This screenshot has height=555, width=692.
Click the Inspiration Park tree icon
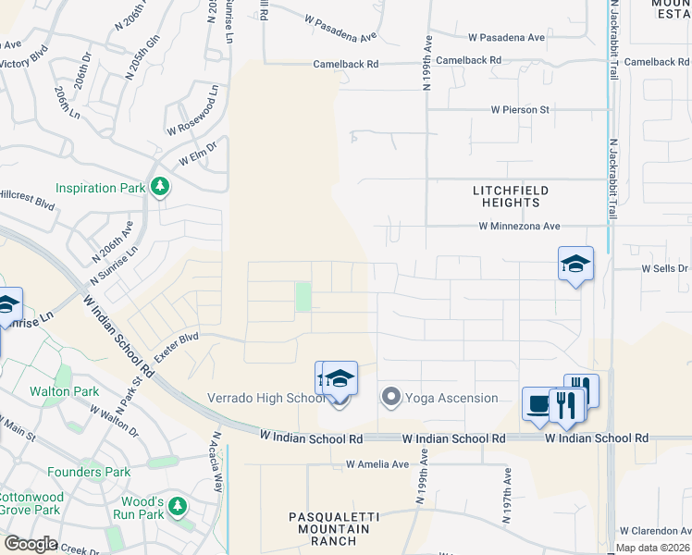click(160, 188)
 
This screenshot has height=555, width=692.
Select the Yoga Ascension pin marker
click(390, 399)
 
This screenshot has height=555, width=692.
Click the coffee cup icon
click(538, 403)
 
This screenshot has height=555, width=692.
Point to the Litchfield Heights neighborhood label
click(511, 196)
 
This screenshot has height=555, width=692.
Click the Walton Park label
click(64, 391)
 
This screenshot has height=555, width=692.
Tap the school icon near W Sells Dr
click(575, 264)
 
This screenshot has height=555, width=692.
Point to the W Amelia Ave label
click(377, 463)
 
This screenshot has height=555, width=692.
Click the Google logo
click(31, 544)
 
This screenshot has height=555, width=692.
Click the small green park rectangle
click(303, 298)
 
